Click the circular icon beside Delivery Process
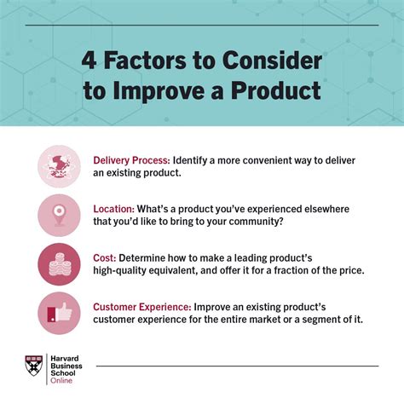pyautogui.click(x=59, y=166)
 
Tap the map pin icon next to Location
pyautogui.click(x=59, y=215)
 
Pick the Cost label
pyautogui.click(x=104, y=257)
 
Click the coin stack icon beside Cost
pyautogui.click(x=59, y=264)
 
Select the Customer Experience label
pyautogui.click(x=141, y=306)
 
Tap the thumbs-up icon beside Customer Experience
pyautogui.click(x=59, y=313)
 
